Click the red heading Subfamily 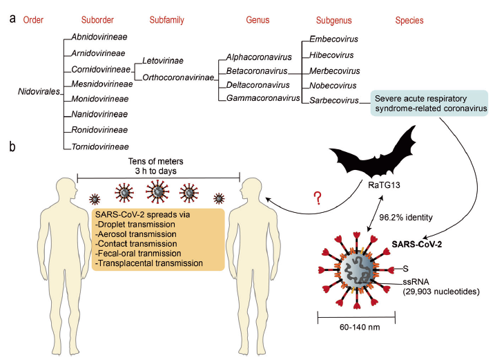167,20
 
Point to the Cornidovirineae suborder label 100,68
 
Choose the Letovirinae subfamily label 163,60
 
